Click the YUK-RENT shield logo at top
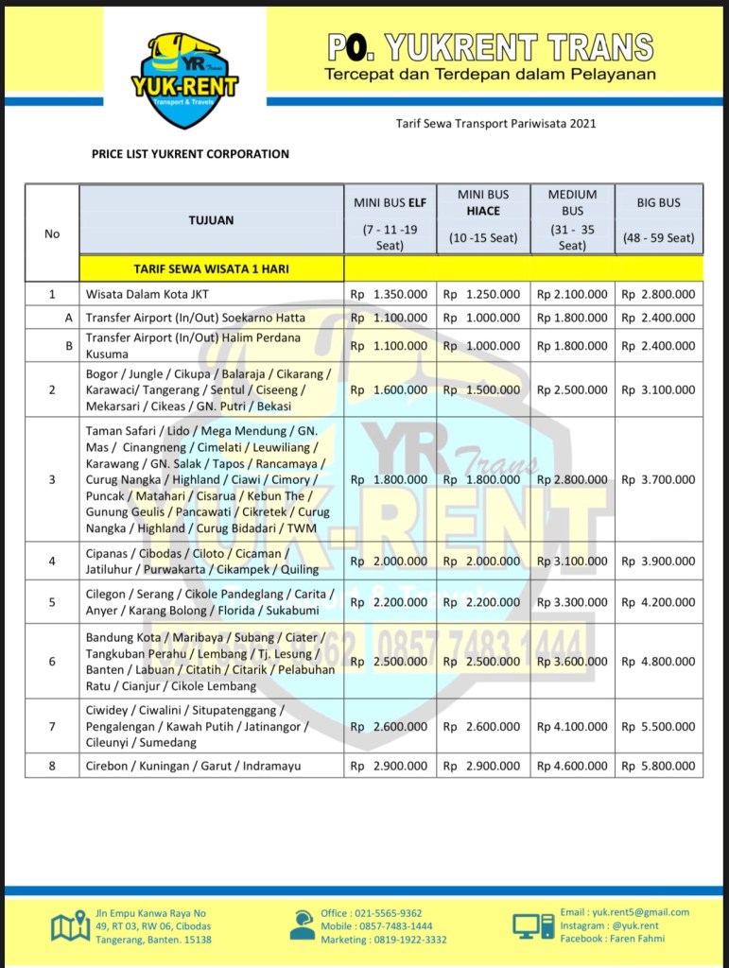click(184, 80)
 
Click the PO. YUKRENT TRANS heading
click(490, 47)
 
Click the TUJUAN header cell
click(211, 220)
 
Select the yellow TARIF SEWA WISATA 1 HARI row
click(211, 268)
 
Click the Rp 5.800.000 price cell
click(658, 766)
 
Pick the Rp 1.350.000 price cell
click(389, 295)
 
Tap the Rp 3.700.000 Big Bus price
click(658, 479)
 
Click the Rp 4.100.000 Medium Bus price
click(572, 726)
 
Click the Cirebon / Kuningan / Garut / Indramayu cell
click(193, 766)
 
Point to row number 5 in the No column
click(52, 602)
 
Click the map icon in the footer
click(70, 926)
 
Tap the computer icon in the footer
click(533, 925)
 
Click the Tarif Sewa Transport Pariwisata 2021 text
click(495, 123)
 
